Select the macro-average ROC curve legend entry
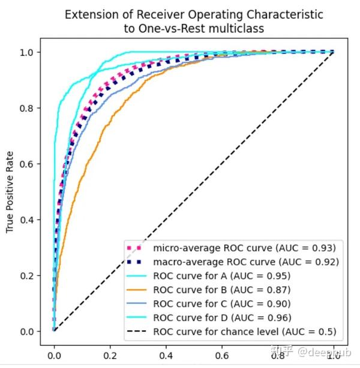point(246,262)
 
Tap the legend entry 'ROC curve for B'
point(222,289)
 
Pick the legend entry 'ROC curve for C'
point(222,303)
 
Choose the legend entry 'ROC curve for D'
point(222,317)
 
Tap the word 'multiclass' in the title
point(231,27)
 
